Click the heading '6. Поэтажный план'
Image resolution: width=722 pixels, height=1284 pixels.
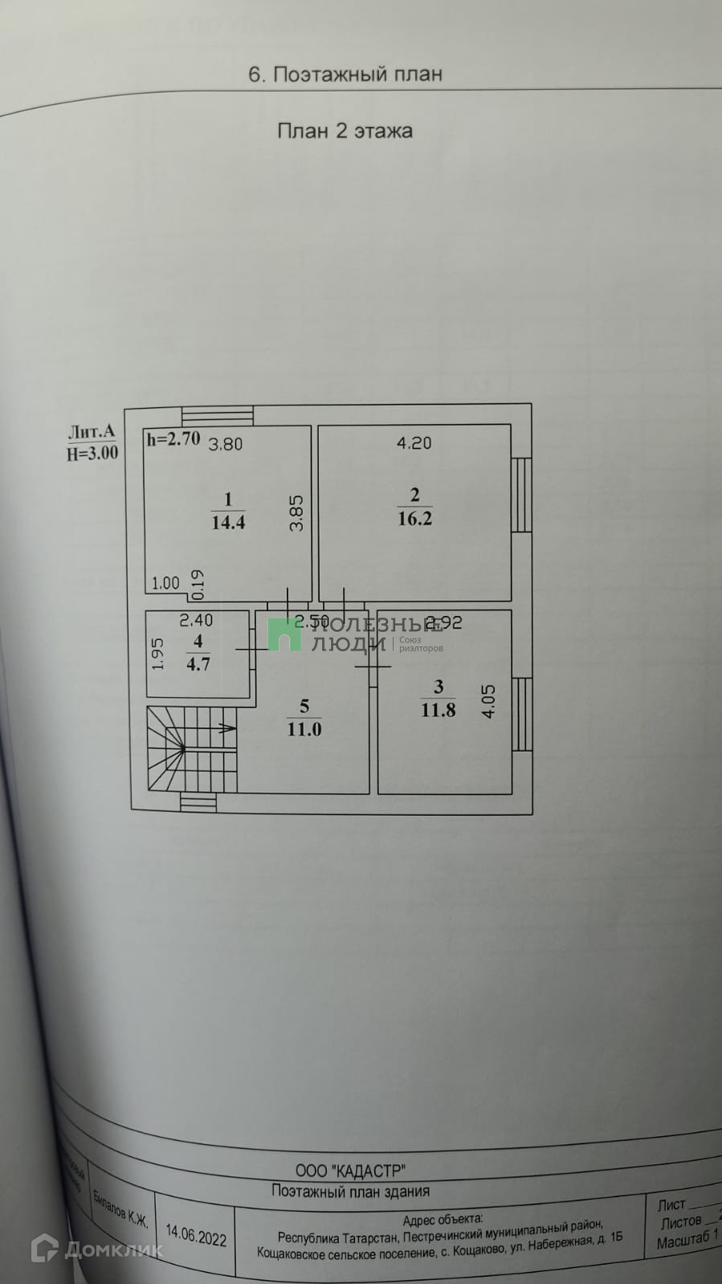click(345, 75)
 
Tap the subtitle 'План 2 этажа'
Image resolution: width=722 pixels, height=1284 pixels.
click(345, 131)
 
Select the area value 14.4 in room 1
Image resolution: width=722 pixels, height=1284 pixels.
click(228, 523)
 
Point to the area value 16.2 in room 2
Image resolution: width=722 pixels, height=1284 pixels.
click(414, 519)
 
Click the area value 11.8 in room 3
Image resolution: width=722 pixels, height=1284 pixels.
click(439, 710)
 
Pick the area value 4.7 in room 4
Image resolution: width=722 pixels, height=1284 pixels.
click(198, 664)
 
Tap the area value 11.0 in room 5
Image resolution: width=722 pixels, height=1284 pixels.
click(304, 729)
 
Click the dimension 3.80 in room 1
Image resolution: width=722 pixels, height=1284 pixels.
click(226, 444)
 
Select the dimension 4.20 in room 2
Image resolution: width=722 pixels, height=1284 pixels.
click(414, 442)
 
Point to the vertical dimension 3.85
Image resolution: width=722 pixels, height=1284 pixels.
click(297, 512)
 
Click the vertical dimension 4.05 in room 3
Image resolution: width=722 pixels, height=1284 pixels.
click(488, 700)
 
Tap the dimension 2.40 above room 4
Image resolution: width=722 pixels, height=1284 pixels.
click(196, 621)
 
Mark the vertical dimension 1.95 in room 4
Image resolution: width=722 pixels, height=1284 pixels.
click(158, 654)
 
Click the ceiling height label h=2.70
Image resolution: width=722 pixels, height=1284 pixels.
click(173, 439)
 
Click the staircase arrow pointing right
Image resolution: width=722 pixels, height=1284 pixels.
click(226, 728)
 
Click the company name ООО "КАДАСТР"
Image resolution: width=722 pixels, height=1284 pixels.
click(350, 1171)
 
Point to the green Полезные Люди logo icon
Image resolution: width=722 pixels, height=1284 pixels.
click(283, 634)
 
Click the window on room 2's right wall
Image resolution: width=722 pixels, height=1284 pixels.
click(522, 495)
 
